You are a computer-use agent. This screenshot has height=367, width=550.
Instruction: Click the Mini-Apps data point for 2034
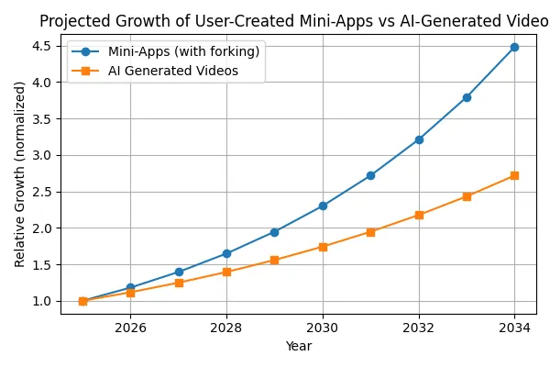[514, 47]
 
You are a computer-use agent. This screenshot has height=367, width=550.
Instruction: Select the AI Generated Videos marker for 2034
[514, 175]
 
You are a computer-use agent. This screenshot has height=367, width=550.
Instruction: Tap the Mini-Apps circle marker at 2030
[323, 206]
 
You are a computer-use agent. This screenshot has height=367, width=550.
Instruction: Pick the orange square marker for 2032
[419, 215]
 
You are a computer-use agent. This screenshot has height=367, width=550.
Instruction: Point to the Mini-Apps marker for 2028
[226, 253]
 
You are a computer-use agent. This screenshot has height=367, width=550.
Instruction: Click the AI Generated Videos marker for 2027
[179, 283]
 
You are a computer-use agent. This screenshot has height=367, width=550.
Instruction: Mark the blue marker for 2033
[467, 97]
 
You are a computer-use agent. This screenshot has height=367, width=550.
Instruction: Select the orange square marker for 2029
[275, 261]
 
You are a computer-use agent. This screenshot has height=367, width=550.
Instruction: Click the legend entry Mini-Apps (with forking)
[183, 51]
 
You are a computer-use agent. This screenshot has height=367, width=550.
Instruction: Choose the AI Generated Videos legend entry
[173, 70]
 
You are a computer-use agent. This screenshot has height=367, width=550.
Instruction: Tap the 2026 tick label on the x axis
[130, 328]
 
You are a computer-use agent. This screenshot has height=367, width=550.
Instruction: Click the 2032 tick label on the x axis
[419, 328]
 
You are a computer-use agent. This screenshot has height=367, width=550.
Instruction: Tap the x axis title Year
[299, 347]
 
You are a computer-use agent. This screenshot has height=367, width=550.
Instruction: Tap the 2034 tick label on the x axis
[514, 328]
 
